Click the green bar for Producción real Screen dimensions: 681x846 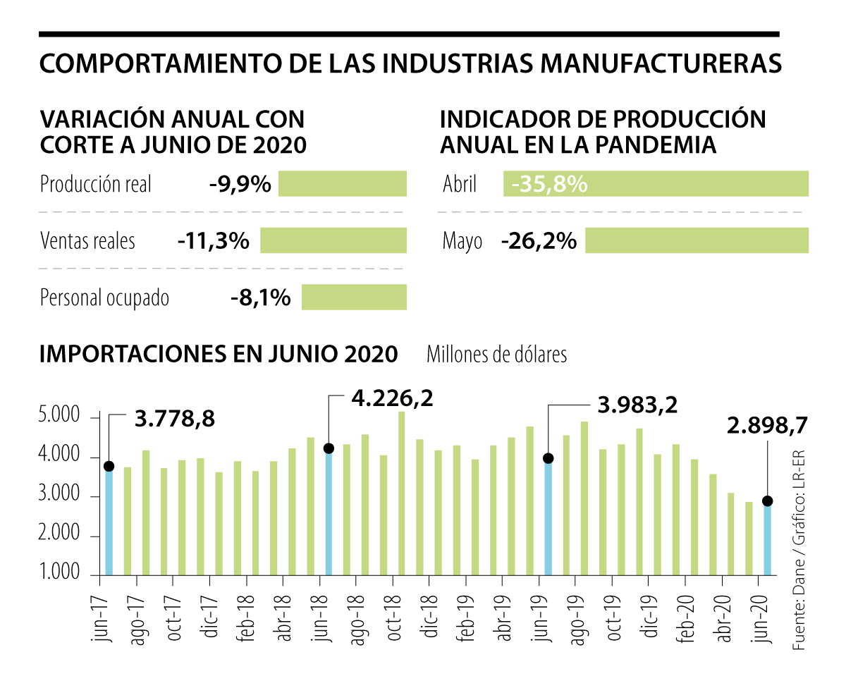pyautogui.click(x=343, y=183)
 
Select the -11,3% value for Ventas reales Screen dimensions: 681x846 pyautogui.click(x=214, y=241)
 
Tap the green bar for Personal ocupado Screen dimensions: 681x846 pyautogui.click(x=354, y=297)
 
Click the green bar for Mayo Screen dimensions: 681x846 pyautogui.click(x=697, y=240)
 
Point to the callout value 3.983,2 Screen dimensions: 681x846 pyautogui.click(x=637, y=405)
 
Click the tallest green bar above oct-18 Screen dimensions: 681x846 pyautogui.click(x=401, y=493)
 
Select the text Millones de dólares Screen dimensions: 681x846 pyautogui.click(x=496, y=354)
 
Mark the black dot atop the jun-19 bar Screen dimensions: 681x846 pyautogui.click(x=548, y=458)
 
